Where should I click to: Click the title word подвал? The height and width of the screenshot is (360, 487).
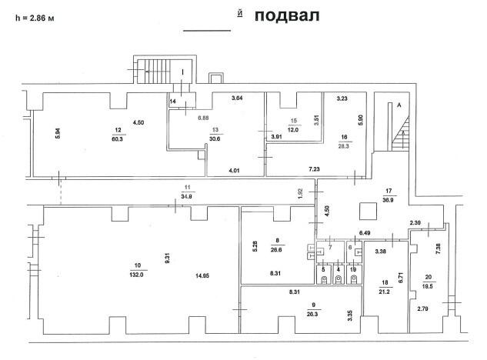coord(286,16)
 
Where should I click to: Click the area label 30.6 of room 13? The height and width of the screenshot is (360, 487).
coord(215,139)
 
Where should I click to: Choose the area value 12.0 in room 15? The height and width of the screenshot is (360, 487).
coord(293,130)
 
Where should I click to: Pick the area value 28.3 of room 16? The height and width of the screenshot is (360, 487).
coord(342,145)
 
